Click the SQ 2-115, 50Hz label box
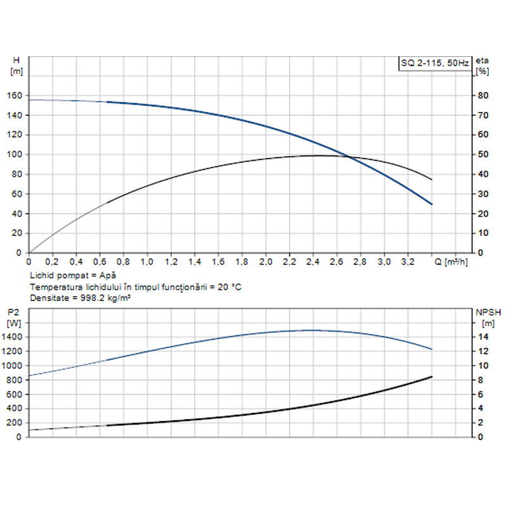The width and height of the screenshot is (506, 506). click(x=434, y=63)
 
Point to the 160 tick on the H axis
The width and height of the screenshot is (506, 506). click(x=15, y=96)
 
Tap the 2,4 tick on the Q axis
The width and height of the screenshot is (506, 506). click(x=313, y=261)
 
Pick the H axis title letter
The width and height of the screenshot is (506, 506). click(x=16, y=60)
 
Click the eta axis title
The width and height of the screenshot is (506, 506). click(x=482, y=60)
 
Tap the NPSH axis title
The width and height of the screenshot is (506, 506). click(x=487, y=312)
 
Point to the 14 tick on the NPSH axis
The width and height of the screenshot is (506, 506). click(x=484, y=337)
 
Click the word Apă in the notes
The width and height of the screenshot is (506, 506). click(x=108, y=276)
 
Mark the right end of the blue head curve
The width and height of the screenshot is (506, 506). click(x=432, y=204)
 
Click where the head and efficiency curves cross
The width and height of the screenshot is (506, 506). click(x=350, y=156)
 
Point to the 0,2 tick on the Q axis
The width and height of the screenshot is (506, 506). click(x=52, y=261)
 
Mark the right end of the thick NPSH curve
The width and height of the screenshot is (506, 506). click(x=432, y=377)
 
